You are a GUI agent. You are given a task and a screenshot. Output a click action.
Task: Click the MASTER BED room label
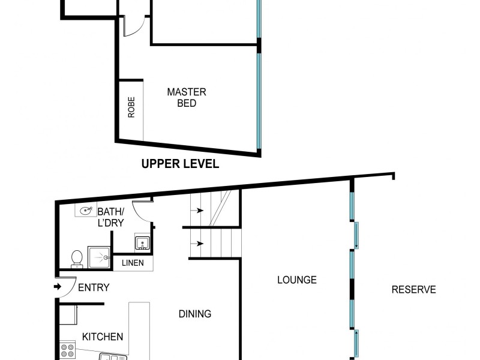(187, 98)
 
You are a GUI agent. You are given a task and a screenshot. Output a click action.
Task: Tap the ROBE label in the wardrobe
(131, 107)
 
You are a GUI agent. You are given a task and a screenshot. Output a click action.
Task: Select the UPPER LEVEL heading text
(180, 164)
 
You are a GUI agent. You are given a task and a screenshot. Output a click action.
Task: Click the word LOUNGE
(296, 280)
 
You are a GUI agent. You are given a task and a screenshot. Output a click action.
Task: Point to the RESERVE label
(413, 290)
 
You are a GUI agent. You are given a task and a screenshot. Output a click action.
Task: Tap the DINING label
(195, 314)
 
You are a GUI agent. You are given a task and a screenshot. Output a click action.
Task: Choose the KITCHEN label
(103, 337)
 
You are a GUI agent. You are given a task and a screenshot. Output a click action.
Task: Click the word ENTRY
(94, 288)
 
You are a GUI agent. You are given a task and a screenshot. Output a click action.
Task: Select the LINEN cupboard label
(133, 263)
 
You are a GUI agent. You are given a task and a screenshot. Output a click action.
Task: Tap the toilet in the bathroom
(76, 259)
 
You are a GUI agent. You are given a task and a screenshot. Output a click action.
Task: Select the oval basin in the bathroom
(85, 211)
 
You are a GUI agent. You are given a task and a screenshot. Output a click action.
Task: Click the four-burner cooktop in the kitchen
(67, 350)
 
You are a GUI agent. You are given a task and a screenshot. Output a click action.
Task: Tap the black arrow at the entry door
(58, 287)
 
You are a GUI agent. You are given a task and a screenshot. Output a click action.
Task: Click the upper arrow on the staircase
(197, 211)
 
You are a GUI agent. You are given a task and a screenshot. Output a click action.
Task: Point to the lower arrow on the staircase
(197, 244)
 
